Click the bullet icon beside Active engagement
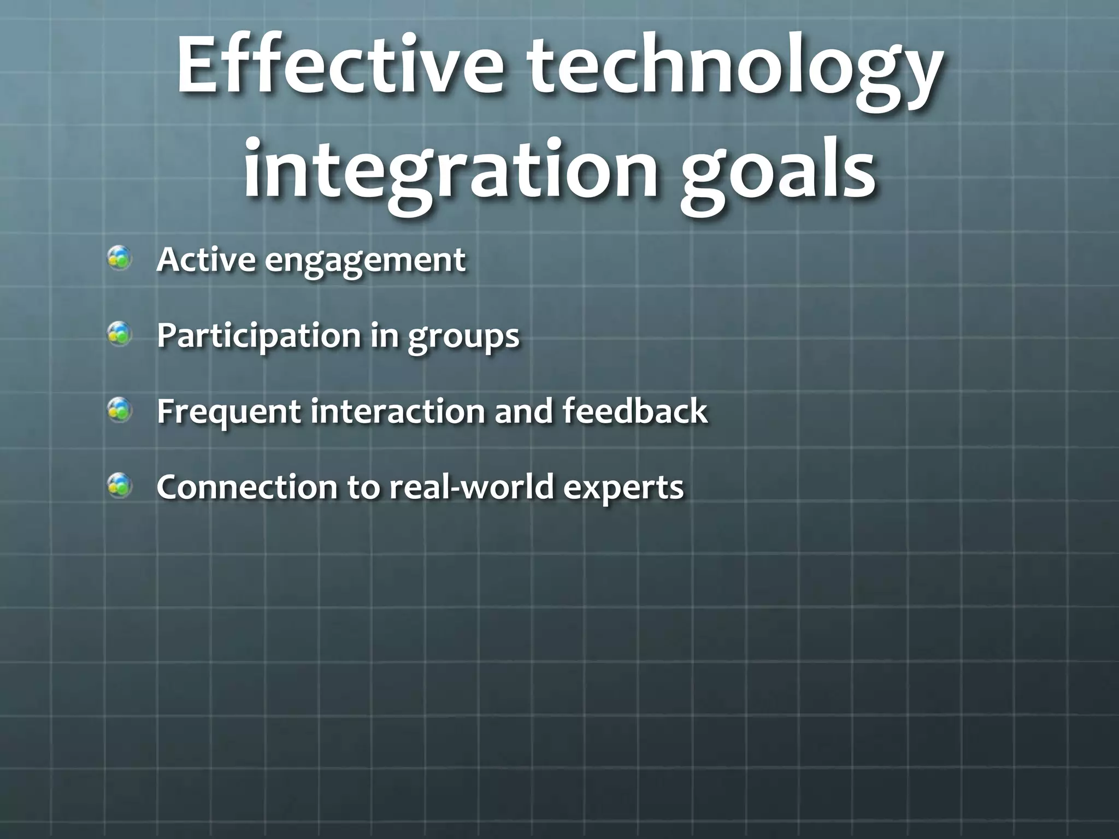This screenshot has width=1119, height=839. tap(120, 258)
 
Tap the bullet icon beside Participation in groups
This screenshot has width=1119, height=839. tap(120, 334)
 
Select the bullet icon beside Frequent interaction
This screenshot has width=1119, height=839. tap(120, 410)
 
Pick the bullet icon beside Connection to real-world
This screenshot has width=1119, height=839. tap(120, 486)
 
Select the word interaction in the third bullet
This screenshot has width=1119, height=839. tap(398, 411)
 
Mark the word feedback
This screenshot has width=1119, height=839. tap(635, 411)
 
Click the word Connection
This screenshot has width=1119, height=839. tap(246, 486)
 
